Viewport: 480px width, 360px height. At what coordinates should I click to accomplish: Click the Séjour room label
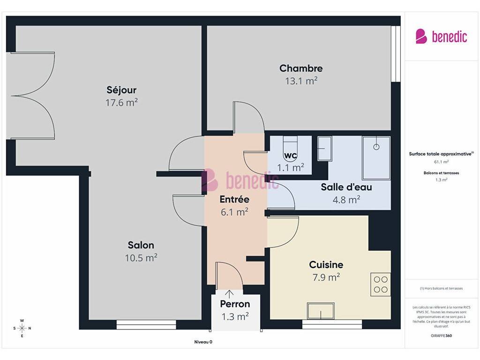[121, 90]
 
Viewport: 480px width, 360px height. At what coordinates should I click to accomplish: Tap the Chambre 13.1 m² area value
[301, 81]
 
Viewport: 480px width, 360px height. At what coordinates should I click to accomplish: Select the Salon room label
[141, 245]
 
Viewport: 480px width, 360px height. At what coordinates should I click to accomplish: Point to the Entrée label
[234, 199]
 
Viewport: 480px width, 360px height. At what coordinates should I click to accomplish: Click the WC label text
[290, 156]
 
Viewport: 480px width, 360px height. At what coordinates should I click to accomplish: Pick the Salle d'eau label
[346, 187]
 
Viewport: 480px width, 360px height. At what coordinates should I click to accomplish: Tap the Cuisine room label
[326, 264]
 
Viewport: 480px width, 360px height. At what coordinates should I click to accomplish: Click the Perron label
[235, 304]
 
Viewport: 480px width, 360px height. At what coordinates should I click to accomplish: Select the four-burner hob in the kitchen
[381, 285]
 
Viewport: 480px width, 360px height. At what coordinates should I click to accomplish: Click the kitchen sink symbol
[321, 311]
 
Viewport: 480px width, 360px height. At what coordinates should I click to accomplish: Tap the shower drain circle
[376, 147]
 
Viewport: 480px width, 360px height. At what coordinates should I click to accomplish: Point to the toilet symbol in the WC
[290, 144]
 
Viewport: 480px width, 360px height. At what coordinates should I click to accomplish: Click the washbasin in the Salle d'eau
[324, 149]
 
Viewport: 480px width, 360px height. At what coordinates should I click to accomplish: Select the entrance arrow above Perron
[229, 294]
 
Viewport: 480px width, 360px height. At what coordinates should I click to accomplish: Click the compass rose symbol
[22, 328]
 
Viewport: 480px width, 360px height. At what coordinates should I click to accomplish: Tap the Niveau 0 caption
[203, 342]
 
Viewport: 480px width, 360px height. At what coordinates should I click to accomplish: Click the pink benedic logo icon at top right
[421, 37]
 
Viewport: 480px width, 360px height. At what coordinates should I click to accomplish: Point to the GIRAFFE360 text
[441, 336]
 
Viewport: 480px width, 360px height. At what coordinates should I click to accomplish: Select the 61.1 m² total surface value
[441, 162]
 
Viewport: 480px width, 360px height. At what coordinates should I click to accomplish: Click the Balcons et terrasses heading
[441, 173]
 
